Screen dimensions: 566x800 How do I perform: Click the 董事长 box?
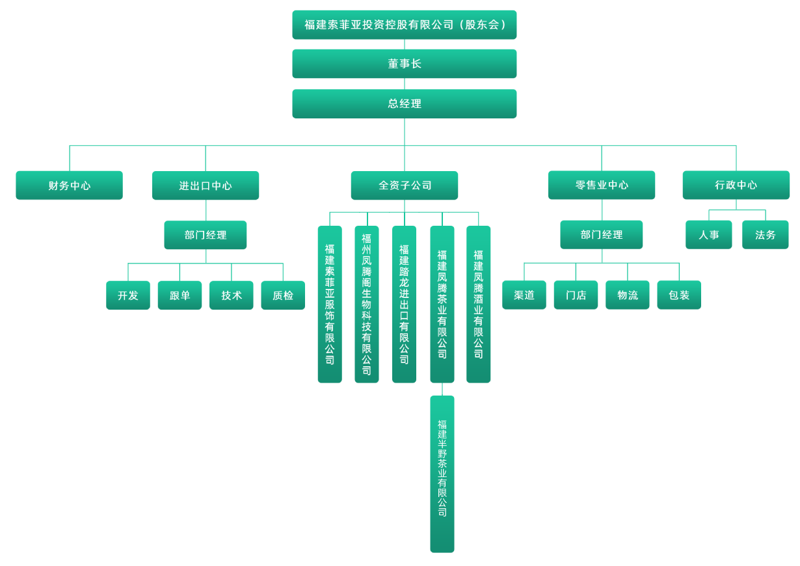click(x=404, y=64)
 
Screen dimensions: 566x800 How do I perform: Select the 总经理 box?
click(x=404, y=103)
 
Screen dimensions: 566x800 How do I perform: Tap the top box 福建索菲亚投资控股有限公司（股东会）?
click(x=404, y=25)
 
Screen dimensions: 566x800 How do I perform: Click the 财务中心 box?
click(x=69, y=185)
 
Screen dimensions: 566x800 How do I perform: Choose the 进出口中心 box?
click(x=206, y=185)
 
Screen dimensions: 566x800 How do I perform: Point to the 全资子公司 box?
click(x=404, y=185)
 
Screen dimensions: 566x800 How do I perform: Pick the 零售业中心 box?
click(x=602, y=185)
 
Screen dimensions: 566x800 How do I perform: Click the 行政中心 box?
click(x=736, y=185)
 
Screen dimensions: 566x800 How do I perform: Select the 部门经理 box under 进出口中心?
click(x=206, y=235)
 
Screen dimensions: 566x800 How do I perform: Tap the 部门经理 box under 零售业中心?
click(x=602, y=234)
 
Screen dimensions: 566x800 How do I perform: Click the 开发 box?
click(x=128, y=295)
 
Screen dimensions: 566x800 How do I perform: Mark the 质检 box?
click(x=283, y=295)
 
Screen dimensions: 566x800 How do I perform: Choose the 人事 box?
click(x=709, y=235)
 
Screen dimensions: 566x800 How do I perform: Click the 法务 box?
click(x=766, y=235)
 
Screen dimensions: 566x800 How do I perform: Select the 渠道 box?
click(x=524, y=295)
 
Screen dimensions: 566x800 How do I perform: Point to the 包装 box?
click(x=679, y=295)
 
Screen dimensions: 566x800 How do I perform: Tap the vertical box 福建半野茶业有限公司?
click(x=442, y=474)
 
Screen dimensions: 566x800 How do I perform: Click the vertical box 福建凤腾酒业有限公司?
click(x=479, y=304)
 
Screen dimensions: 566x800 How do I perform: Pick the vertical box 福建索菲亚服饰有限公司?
click(x=330, y=304)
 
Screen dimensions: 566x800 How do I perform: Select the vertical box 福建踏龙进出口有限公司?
click(x=404, y=304)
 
